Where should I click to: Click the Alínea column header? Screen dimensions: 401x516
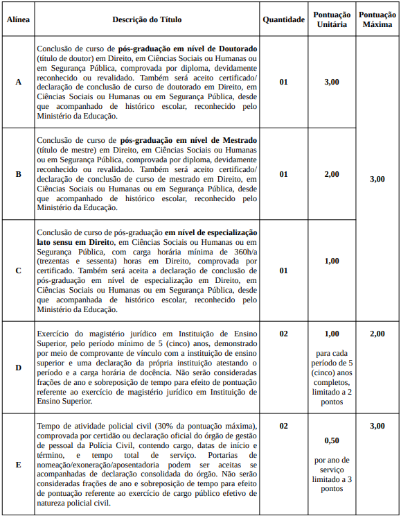(18, 19)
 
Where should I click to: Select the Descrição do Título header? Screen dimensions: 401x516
(147, 19)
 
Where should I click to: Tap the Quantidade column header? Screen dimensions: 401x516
(283, 19)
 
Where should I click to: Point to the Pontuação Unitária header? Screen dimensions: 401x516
(332, 19)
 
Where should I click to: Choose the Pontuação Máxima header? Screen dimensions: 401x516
(377, 19)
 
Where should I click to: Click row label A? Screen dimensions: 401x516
(18, 82)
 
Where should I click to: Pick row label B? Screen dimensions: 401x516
(18, 174)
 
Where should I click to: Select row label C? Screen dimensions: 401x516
(18, 270)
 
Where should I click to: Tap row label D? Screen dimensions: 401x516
(18, 367)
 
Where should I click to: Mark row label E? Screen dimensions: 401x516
(18, 464)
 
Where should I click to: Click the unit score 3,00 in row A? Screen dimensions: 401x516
(332, 82)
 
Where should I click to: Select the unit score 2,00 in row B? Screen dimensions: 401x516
(332, 174)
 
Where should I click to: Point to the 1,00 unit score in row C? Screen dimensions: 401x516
(332, 261)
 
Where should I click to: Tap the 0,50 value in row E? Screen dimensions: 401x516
(332, 440)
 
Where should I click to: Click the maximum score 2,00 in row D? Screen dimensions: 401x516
(377, 334)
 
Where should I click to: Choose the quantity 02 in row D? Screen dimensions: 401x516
(283, 334)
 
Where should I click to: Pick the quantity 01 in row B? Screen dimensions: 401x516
(283, 174)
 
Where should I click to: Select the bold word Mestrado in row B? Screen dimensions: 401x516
(234, 141)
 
